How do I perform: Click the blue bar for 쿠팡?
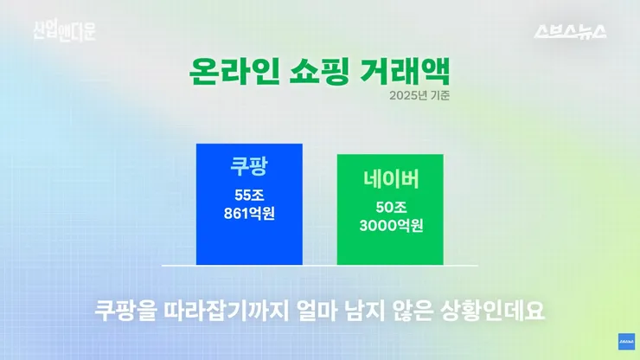coord(249,204)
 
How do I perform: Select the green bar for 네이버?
coord(390,209)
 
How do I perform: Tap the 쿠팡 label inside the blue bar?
coord(249,165)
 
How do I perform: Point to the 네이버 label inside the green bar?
coord(391,179)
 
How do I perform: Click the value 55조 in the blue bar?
coord(249,196)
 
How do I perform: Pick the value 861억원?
coord(249,213)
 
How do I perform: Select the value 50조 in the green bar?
coord(391,208)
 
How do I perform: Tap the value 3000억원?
coord(391,226)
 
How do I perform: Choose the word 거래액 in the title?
coord(405,72)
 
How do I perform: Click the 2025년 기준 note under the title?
coord(419,95)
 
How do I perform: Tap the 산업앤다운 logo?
coord(65,31)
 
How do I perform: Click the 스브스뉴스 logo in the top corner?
coord(570,31)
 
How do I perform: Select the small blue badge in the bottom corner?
coord(626,342)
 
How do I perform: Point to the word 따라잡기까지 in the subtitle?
coord(226,311)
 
